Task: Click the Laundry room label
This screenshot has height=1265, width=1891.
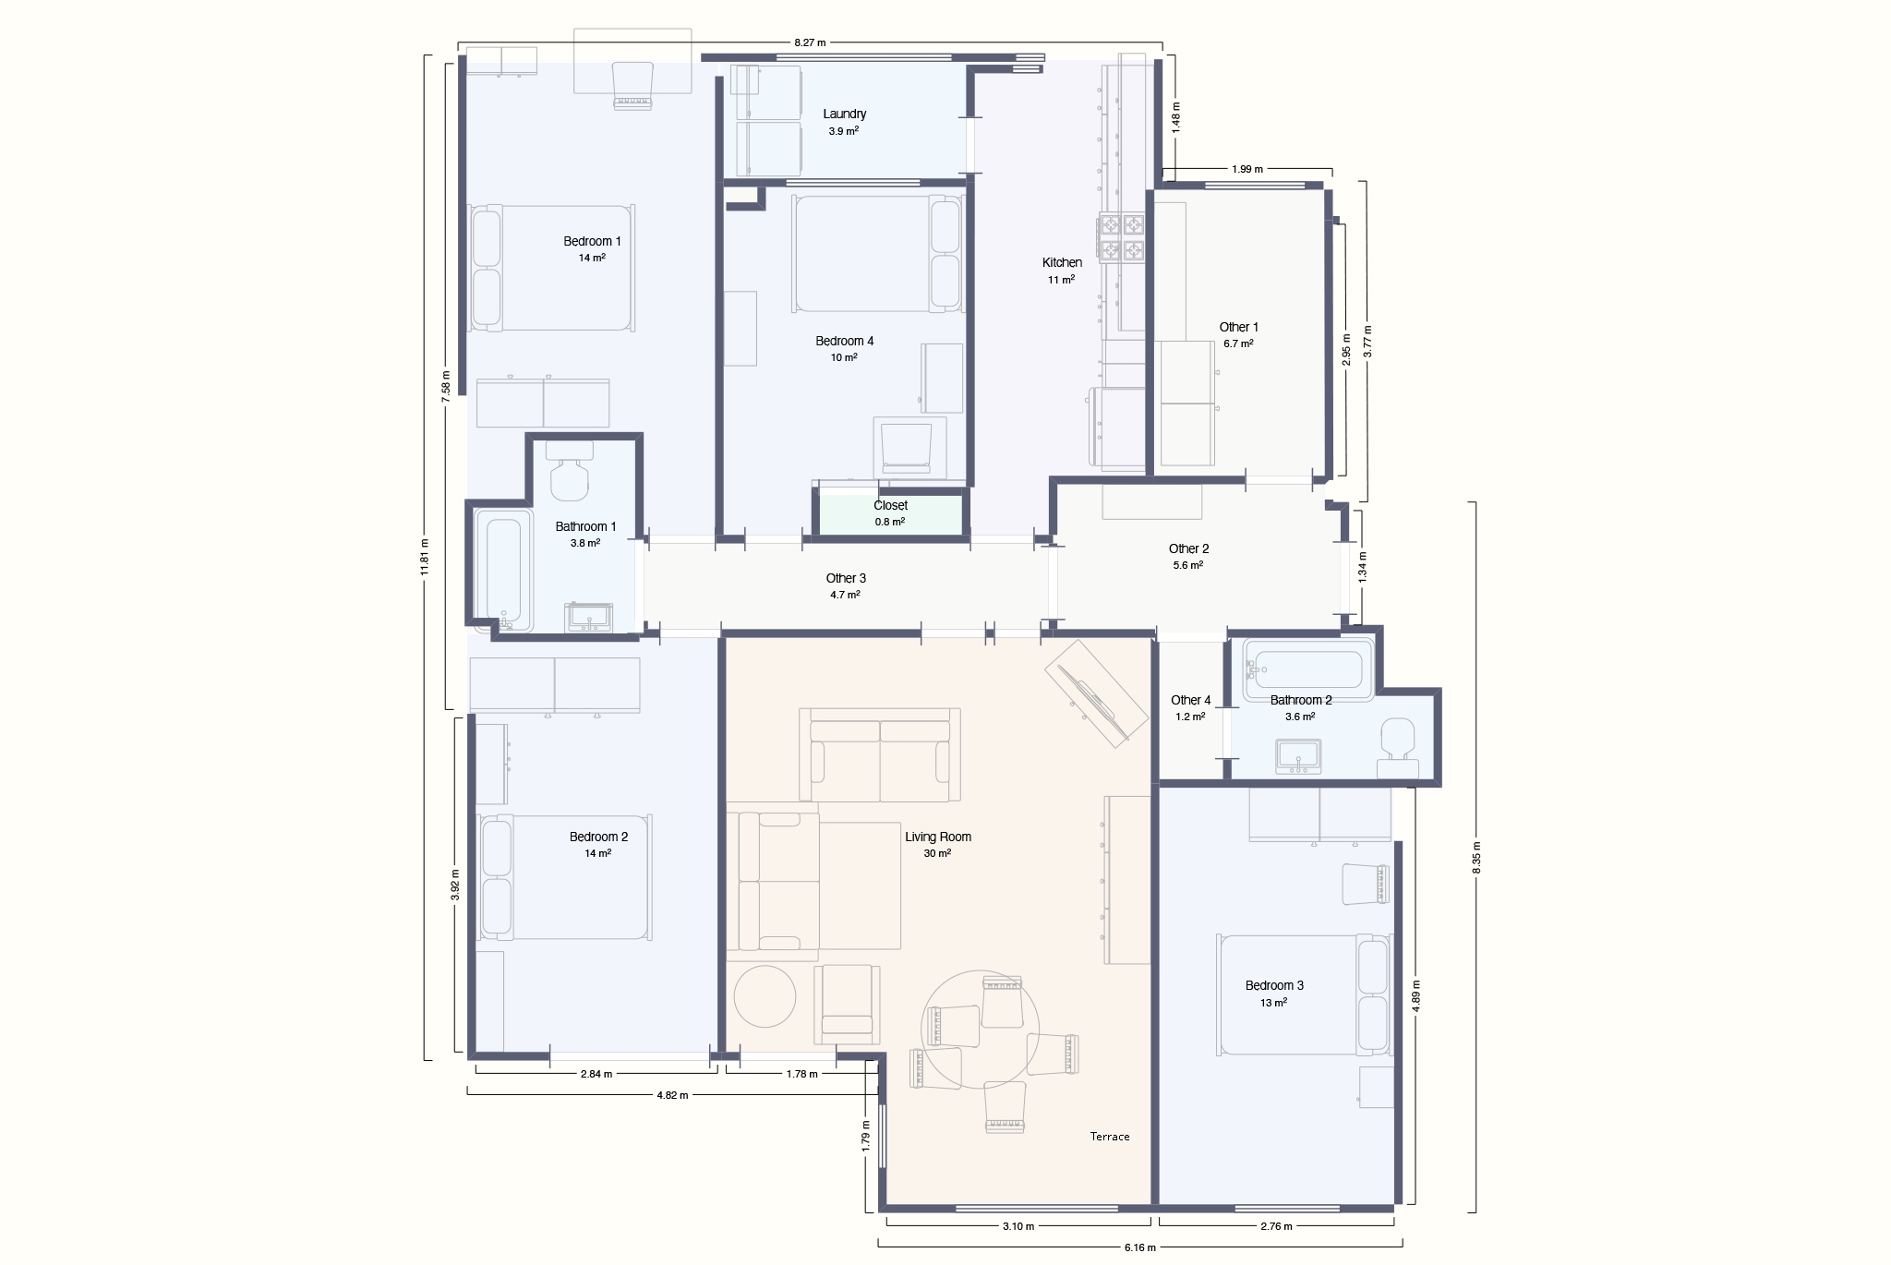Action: pos(845,114)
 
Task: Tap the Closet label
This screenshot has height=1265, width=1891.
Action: pos(891,506)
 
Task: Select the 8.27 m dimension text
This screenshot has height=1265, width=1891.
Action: pos(810,42)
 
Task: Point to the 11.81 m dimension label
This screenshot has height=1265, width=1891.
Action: pos(425,557)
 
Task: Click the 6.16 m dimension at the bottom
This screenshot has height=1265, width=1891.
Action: pos(1140,1247)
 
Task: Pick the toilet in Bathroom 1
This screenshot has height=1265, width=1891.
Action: pos(569,471)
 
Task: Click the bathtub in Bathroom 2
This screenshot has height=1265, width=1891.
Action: pos(1308,669)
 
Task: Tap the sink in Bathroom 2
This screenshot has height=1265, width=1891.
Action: pos(1299,756)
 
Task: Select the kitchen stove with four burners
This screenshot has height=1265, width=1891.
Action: pos(1121,236)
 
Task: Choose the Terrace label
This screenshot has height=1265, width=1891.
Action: pos(1110,1137)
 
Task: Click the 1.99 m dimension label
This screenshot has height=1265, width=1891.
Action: pos(1247,169)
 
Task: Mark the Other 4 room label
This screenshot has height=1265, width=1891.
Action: pos(1191,701)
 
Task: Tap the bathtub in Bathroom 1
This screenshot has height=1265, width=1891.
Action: pos(503,571)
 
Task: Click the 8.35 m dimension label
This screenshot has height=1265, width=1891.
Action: pos(1476,858)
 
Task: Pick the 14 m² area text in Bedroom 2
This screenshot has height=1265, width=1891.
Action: pos(597,854)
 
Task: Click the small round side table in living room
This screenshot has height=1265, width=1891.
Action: pos(765,995)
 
